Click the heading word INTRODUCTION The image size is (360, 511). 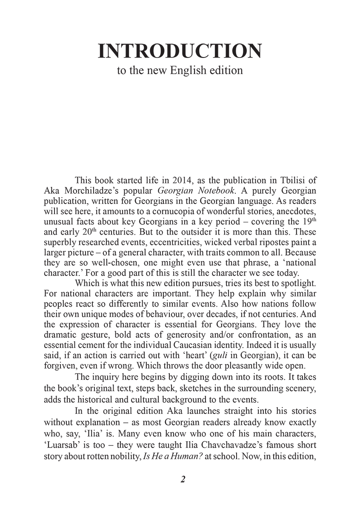click(x=180, y=51)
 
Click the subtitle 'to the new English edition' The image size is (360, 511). click(x=180, y=70)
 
